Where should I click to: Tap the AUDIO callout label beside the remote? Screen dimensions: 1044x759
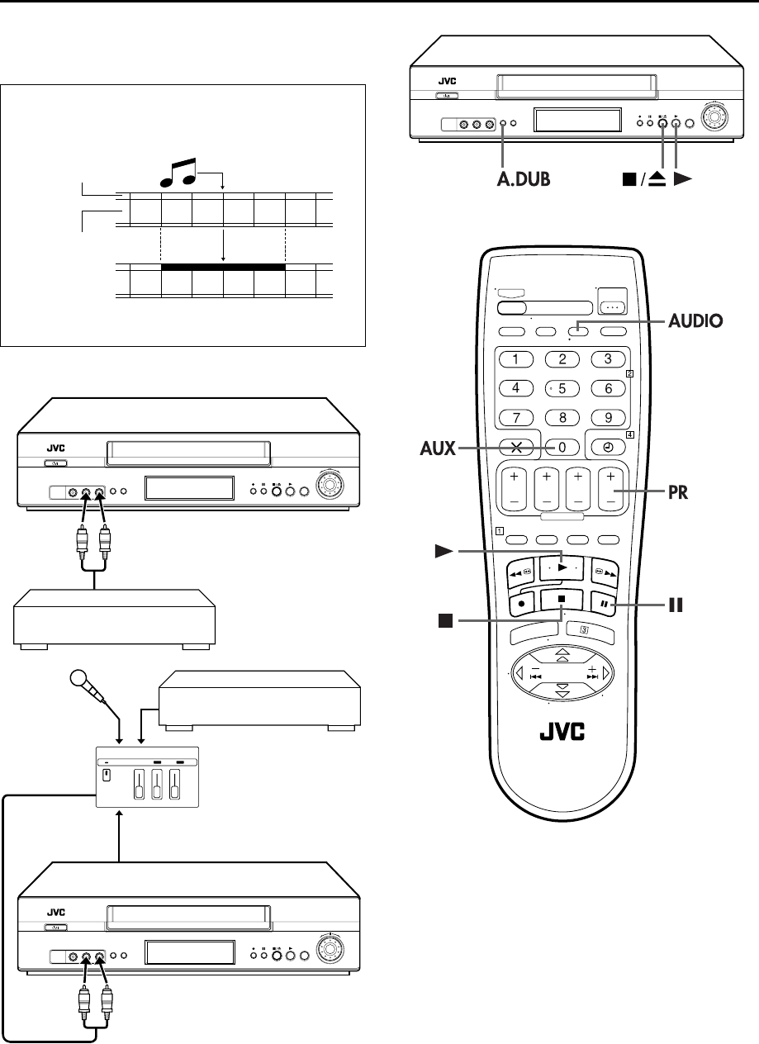coord(695,321)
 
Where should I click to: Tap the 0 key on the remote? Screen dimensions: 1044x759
coord(562,447)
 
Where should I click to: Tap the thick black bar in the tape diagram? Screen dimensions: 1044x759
coord(223,267)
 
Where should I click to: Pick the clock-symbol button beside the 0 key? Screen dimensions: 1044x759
coord(607,447)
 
